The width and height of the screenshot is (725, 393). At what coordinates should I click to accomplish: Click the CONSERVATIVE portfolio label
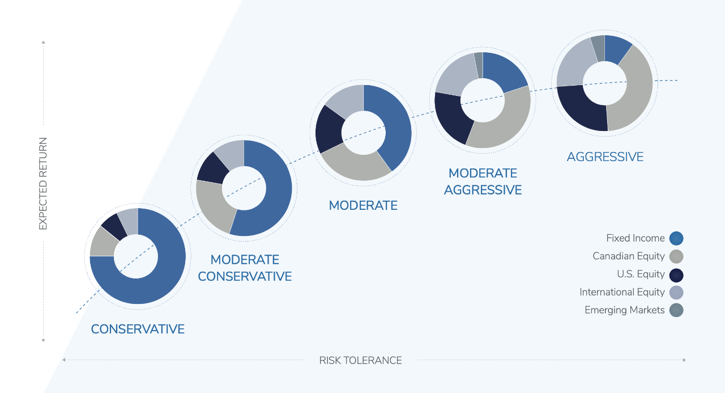(138, 329)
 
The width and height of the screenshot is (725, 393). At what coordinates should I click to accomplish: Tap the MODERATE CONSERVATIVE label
(245, 268)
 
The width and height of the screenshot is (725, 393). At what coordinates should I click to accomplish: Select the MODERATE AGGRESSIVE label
(483, 181)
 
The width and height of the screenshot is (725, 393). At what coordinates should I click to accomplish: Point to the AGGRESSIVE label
(605, 157)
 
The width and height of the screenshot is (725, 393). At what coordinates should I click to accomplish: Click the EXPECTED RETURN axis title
(43, 184)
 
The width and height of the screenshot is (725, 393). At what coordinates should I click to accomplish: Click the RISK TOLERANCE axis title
(360, 360)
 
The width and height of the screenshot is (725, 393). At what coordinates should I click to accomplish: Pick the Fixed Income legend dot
(676, 238)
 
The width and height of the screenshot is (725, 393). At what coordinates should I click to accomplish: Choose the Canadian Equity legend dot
(676, 256)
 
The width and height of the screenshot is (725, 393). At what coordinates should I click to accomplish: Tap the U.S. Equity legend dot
(676, 274)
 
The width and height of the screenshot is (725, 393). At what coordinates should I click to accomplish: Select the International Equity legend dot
(676, 293)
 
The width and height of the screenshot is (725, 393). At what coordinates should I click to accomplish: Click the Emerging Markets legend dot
(676, 310)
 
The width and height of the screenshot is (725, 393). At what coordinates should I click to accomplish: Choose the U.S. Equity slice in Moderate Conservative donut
(211, 167)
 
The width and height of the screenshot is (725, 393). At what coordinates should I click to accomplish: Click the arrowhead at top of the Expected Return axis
(43, 42)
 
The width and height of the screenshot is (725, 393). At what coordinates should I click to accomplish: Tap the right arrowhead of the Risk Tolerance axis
(684, 360)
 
